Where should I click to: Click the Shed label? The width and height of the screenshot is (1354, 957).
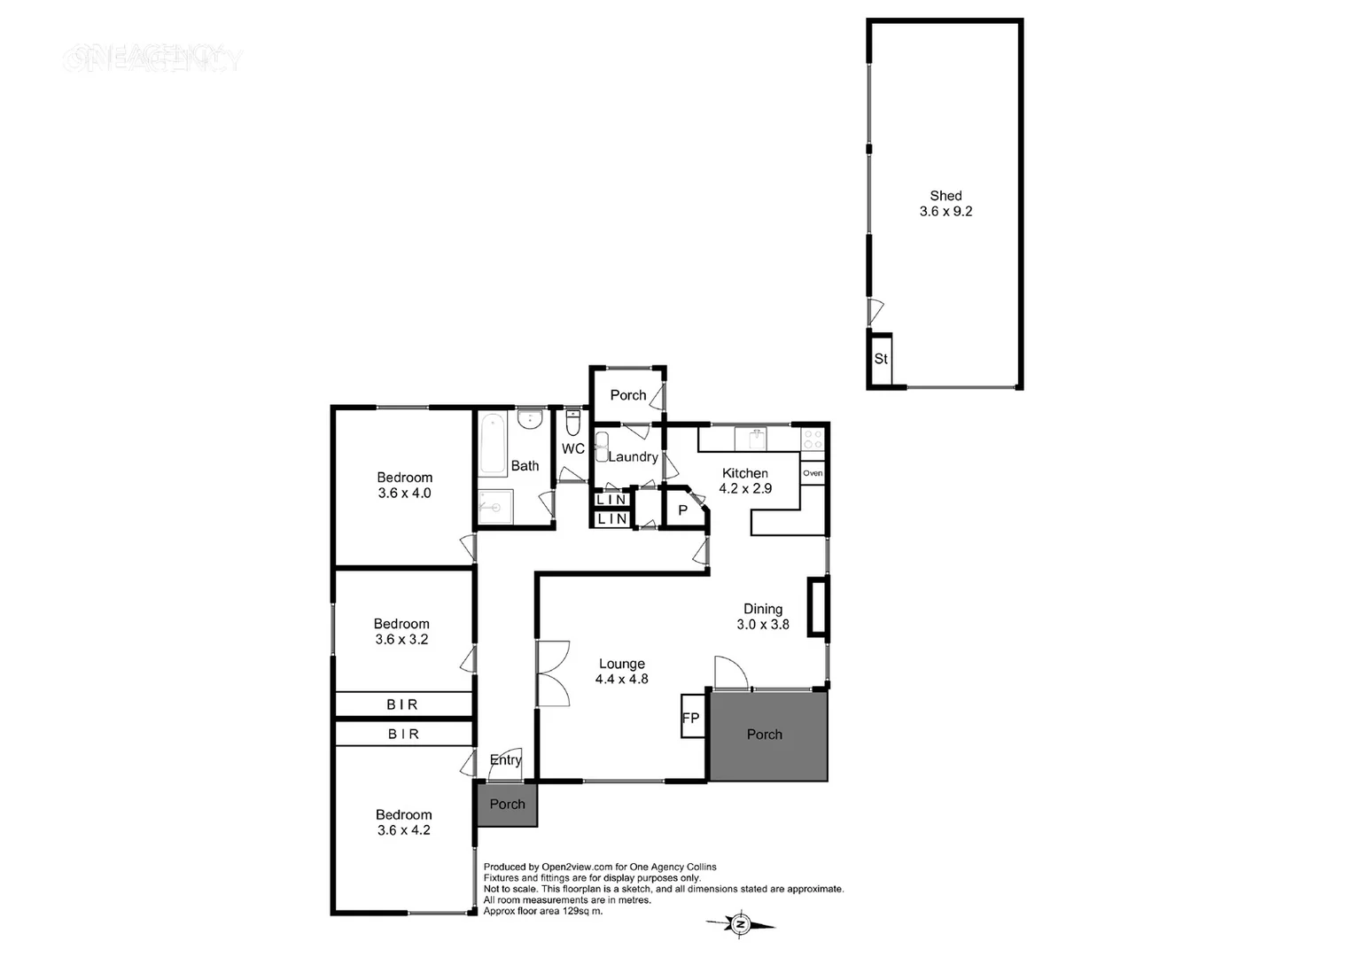coord(945,196)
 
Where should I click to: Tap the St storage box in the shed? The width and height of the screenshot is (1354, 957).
coord(881,359)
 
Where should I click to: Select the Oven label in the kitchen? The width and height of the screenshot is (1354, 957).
coord(813,473)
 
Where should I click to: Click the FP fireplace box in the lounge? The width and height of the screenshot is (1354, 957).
coord(691,718)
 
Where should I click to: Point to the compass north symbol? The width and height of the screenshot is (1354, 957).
coord(741,924)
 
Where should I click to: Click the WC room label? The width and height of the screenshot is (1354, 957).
coord(572,449)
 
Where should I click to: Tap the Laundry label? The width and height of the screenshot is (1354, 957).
coord(633,457)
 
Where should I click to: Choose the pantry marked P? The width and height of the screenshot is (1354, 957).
coord(682,510)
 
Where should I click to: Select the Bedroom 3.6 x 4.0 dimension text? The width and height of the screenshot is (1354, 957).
coord(404,494)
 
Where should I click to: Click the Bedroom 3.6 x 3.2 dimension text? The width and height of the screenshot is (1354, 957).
coord(401,640)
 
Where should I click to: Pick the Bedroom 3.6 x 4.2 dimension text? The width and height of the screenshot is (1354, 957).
coord(403,830)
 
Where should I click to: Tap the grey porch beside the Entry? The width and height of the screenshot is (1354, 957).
coord(507,805)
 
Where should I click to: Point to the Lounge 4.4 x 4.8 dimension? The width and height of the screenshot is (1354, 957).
coord(621,680)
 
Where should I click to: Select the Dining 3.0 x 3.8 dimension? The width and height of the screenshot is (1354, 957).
coord(762,625)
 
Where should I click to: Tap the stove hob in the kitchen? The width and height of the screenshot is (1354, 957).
coord(813,439)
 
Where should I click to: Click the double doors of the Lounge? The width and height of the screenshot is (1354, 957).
coord(553,673)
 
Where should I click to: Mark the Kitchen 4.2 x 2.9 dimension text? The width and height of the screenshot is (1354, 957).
coord(745,489)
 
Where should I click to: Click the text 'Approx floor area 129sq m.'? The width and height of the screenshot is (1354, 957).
coord(542,911)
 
